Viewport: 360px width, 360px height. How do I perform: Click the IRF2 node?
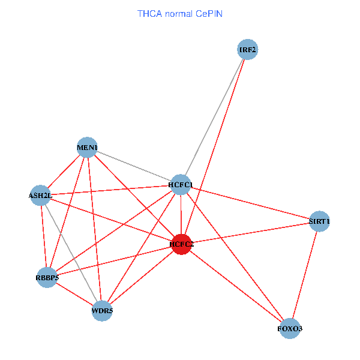(x=247, y=50)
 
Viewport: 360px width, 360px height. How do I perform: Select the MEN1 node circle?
(x=88, y=148)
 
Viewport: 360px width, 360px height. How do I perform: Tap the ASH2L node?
(x=41, y=195)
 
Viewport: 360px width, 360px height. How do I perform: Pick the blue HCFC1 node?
(x=181, y=184)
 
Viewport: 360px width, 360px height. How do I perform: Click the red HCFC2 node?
(x=181, y=244)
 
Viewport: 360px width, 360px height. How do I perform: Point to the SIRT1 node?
(x=319, y=221)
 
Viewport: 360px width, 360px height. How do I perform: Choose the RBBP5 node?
(x=47, y=278)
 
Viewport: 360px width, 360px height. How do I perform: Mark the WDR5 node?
(x=102, y=311)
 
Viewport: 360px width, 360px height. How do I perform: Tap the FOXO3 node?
(x=290, y=329)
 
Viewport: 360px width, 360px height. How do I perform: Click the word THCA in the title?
(x=150, y=13)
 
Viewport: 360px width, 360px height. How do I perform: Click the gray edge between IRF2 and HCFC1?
(x=214, y=117)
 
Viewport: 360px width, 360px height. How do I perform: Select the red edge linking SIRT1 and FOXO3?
(x=305, y=275)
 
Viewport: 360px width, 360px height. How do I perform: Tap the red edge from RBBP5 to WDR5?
(x=74, y=295)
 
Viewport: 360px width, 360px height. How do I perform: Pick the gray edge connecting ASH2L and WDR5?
(x=71, y=253)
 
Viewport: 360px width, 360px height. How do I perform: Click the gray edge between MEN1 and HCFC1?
(x=134, y=166)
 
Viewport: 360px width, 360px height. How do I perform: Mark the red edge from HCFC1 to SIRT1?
(x=250, y=203)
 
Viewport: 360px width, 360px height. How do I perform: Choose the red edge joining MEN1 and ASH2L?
(x=64, y=172)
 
